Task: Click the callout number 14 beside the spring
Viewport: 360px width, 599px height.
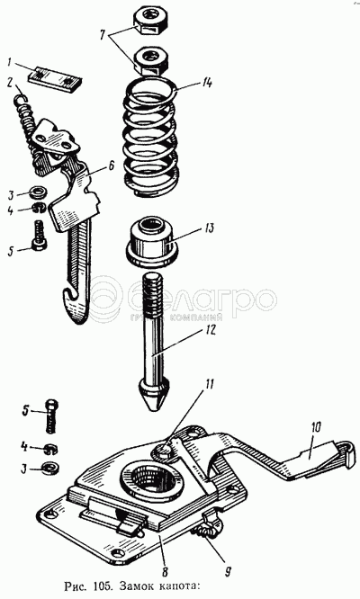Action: (209, 83)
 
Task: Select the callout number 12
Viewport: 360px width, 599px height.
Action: (210, 329)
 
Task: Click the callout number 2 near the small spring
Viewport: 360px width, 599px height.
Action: (11, 83)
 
